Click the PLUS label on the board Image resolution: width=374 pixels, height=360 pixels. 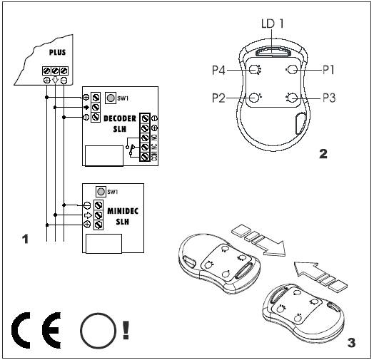point(57,52)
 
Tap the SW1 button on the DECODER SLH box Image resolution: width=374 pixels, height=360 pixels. point(111,98)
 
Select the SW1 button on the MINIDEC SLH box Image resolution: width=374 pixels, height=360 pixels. point(101,192)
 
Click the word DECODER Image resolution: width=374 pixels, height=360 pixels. point(120,118)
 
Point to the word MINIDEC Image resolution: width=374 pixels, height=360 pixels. point(123,211)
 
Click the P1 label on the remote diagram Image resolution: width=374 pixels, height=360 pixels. point(328,70)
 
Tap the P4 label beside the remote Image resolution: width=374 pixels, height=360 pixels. point(218,71)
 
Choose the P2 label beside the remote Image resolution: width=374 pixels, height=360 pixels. point(218,98)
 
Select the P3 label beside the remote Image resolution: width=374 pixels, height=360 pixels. point(329,98)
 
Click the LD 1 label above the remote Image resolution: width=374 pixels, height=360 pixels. point(273,24)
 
